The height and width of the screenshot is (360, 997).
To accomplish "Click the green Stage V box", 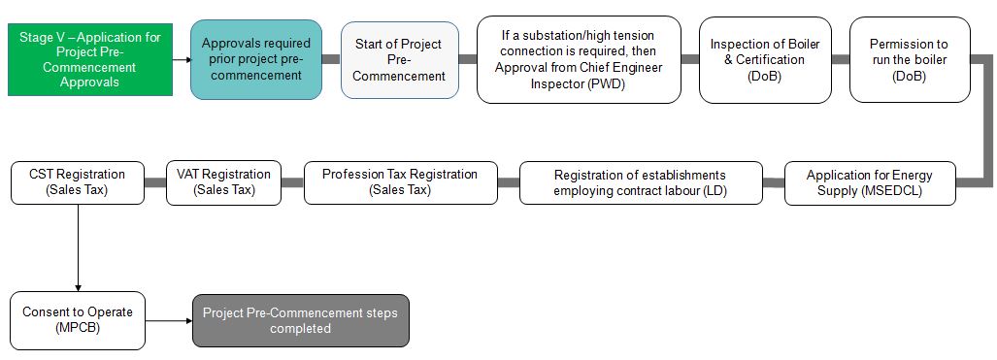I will [89, 59].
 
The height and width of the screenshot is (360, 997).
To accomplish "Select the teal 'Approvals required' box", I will [256, 59].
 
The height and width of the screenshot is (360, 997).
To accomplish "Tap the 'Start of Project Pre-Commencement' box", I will [398, 59].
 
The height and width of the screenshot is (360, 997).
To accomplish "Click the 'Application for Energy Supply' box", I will [871, 182].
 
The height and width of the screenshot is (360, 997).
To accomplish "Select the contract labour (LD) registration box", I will [640, 182].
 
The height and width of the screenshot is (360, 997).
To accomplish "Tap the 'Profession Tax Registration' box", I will [400, 182].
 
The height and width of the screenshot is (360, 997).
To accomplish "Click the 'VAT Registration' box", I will [223, 182].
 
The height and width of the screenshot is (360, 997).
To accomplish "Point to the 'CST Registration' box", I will [76, 182].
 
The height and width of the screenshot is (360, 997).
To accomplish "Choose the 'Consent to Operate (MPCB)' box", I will [77, 320].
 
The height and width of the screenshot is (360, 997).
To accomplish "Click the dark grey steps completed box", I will [300, 320].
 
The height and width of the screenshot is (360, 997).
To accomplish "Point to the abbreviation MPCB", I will [78, 328].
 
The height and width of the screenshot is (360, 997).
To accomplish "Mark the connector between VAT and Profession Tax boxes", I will [292, 182].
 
